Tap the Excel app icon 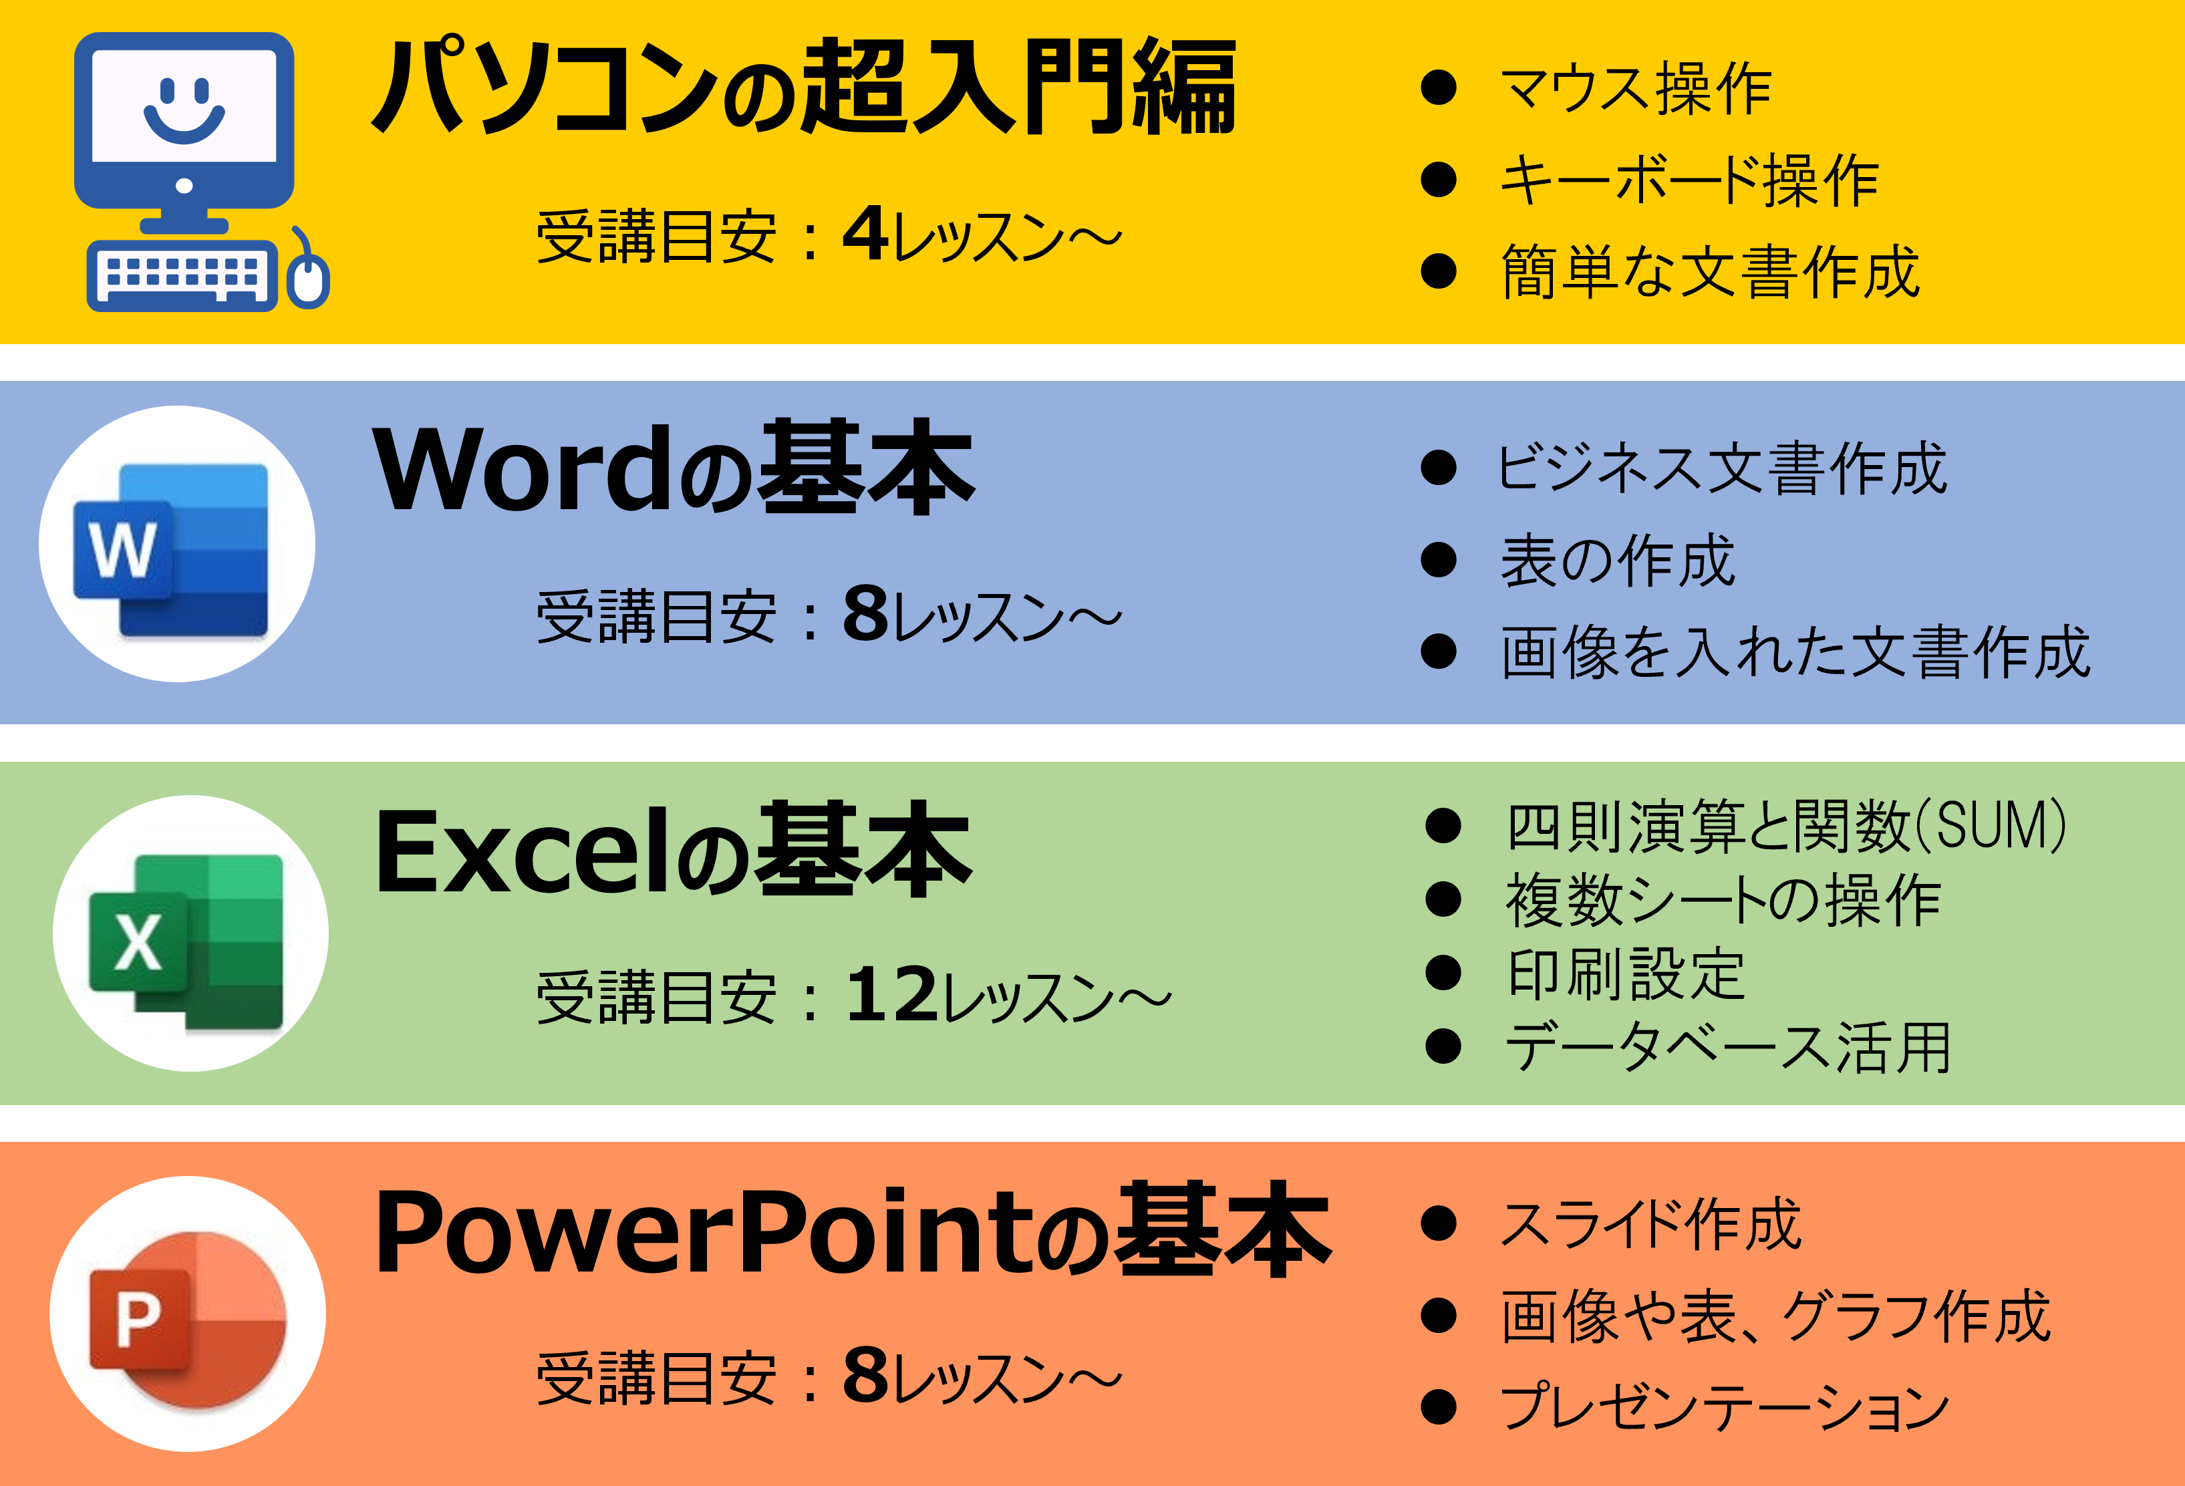coord(190,933)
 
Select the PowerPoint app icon coord(188,1314)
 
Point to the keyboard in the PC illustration coord(182,275)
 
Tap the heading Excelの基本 coord(673,851)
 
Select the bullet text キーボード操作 coord(1689,180)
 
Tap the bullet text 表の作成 coord(1617,560)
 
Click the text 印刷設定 coord(1626,973)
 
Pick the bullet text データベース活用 coord(1728,1046)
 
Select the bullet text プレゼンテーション coord(1725,1407)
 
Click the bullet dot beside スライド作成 coord(1439,1224)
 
